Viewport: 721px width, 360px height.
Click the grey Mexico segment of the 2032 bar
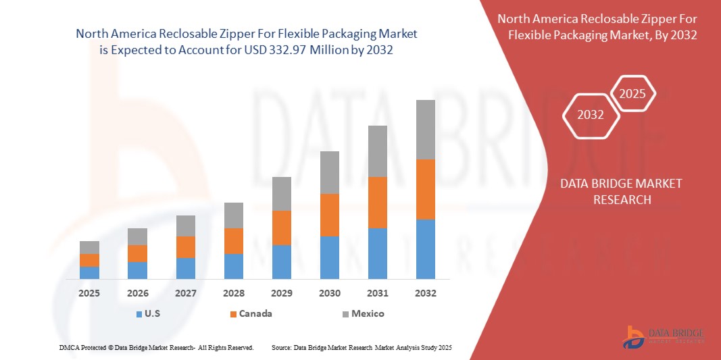click(x=426, y=130)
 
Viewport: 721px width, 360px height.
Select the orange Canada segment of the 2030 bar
click(x=329, y=215)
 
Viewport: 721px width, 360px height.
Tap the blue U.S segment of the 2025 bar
click(x=89, y=272)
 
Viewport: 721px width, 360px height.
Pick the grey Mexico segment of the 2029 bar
click(x=281, y=193)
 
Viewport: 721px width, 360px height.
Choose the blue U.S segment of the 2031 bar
click(x=377, y=253)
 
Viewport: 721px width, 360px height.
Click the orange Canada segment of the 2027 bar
click(x=185, y=247)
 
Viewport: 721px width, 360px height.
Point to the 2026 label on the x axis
click(x=137, y=293)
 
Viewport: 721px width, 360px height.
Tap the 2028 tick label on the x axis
click(x=233, y=293)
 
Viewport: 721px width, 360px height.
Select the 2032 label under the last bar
click(x=426, y=293)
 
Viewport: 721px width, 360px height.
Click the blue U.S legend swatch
click(x=139, y=314)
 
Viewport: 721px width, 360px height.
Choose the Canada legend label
click(x=256, y=313)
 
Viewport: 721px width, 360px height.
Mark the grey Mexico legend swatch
click(x=346, y=314)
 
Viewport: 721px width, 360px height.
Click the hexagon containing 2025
click(x=633, y=94)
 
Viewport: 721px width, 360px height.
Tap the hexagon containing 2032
click(x=591, y=115)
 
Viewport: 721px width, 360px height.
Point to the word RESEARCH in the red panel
click(x=622, y=199)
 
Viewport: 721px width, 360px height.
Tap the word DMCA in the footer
click(x=69, y=347)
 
